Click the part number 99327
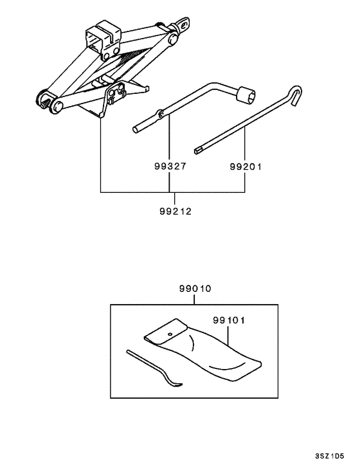169,165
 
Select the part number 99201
246,165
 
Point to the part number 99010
195,289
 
